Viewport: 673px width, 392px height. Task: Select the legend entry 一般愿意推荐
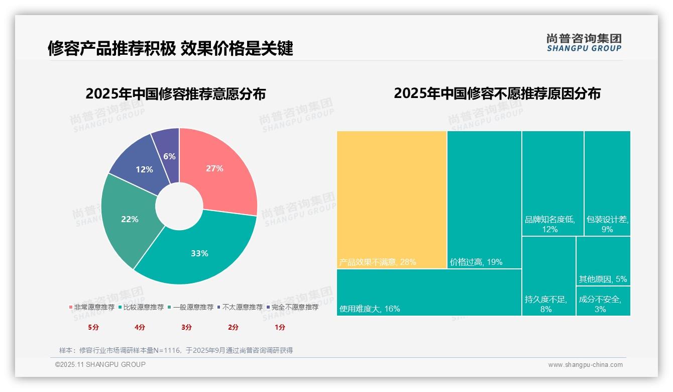193,307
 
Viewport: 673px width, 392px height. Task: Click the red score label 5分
93,327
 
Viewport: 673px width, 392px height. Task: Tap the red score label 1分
280,327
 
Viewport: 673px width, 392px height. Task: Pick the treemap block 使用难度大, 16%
429,292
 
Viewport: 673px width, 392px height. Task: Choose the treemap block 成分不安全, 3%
603,301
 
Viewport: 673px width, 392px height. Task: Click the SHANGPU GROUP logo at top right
584,43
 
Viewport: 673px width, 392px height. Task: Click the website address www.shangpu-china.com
585,365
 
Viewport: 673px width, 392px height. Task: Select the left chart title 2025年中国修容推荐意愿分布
175,94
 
